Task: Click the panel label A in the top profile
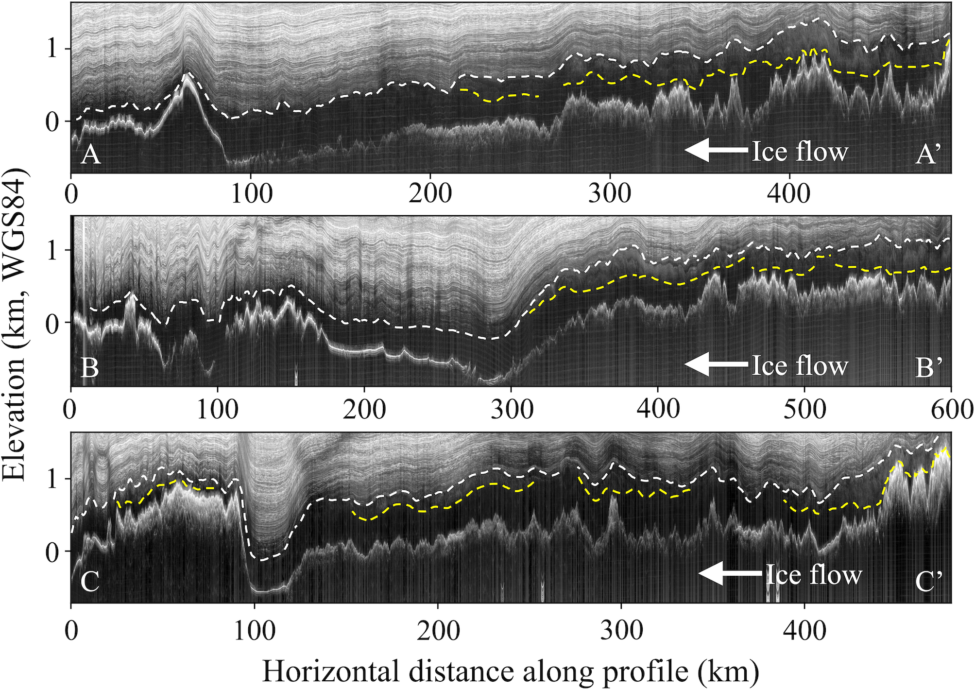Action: (91, 155)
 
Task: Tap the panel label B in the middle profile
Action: (90, 368)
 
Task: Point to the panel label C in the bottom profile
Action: (90, 581)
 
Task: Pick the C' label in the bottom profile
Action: (928, 581)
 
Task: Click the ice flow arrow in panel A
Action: (716, 150)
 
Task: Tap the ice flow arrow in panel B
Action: (716, 365)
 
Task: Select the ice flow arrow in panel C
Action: (730, 574)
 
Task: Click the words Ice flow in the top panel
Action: (800, 152)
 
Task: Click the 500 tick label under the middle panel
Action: (805, 410)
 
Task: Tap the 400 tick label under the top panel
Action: (789, 194)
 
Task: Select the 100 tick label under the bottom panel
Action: (254, 631)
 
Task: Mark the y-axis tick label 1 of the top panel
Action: (52, 49)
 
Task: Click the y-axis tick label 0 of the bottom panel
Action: (52, 552)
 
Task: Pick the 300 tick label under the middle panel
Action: (512, 410)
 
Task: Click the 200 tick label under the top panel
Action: (430, 194)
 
